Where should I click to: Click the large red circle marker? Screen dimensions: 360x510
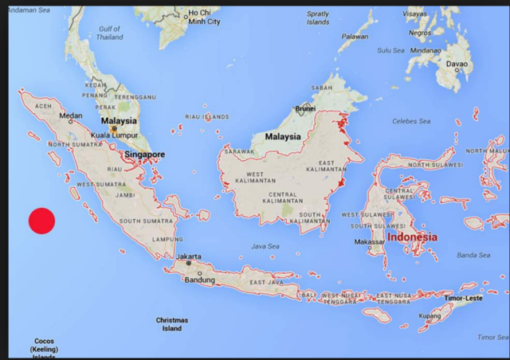pos(41,221)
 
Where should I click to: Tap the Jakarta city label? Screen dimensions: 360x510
pos(189,256)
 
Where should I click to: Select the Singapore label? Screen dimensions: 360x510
pos(144,155)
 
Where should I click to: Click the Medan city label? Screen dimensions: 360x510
pos(71,116)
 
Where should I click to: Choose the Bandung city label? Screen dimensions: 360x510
pos(199,280)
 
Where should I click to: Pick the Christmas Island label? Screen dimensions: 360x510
pos(171,323)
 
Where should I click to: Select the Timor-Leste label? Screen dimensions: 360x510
pos(465,297)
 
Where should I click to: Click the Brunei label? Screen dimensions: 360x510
pos(305,108)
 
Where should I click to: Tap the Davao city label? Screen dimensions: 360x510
pos(457,64)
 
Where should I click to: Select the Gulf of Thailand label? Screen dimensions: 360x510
pos(110,33)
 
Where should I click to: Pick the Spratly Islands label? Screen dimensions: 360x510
pos(318,18)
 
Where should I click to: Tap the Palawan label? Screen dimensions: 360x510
pos(355,36)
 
